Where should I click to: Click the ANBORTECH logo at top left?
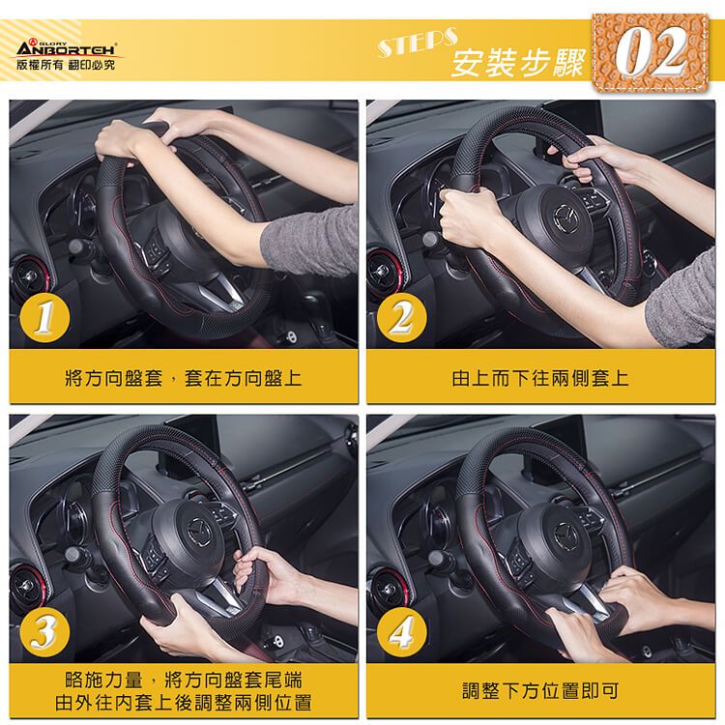tap(67, 48)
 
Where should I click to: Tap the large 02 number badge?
tap(651, 53)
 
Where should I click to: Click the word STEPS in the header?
tap(418, 43)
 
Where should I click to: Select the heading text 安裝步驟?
tap(517, 63)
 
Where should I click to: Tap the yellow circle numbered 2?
tap(401, 317)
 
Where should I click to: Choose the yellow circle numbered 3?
tap(44, 631)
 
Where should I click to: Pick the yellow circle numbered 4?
tap(401, 631)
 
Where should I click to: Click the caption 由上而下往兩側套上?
tap(540, 378)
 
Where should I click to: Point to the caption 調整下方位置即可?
tap(540, 691)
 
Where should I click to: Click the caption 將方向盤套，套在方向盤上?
tap(184, 378)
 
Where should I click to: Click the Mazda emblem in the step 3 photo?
tap(200, 526)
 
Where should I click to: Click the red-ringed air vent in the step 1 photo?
tap(33, 276)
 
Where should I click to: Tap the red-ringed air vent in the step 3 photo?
tap(29, 586)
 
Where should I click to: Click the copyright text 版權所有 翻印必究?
tap(65, 65)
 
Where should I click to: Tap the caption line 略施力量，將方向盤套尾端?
tap(184, 681)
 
